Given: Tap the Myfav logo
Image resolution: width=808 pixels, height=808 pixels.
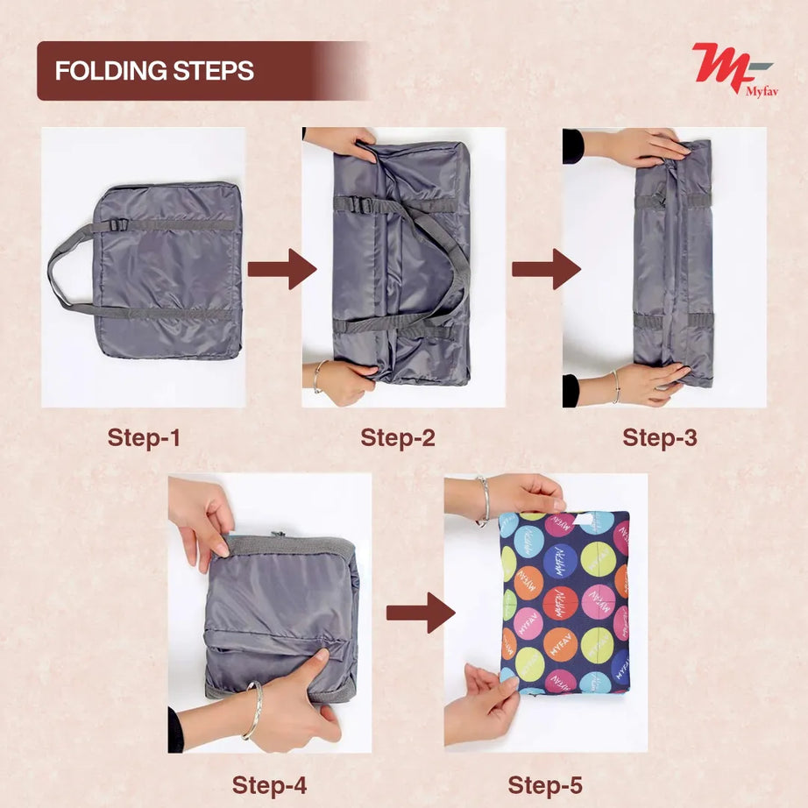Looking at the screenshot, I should tap(734, 67).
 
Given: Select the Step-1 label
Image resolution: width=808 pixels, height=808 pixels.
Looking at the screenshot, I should tap(144, 437).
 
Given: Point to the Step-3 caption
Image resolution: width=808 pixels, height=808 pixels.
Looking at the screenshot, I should tap(660, 437).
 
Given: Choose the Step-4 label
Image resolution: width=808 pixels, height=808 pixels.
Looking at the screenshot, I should tap(269, 784).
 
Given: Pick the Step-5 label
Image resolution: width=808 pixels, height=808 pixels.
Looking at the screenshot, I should tap(545, 784).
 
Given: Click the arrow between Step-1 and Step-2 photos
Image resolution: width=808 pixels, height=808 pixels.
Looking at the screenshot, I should tap(281, 269).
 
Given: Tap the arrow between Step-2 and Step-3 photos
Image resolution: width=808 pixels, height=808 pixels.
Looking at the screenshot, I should tap(546, 269).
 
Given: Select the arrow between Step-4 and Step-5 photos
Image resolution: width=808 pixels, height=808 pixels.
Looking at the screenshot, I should tap(421, 613).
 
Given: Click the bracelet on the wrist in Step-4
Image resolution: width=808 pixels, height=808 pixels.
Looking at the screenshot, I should tap(254, 711).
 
